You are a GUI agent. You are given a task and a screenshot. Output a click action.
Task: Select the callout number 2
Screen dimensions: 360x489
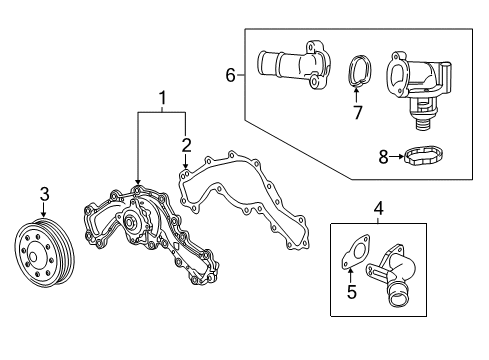tap(186, 145)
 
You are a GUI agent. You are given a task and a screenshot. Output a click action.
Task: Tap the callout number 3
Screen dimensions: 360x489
tap(43, 194)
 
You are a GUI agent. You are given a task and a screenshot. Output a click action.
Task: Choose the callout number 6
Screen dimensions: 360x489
tap(231, 75)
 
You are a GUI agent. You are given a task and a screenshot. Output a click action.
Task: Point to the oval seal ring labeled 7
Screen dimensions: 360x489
tap(359, 70)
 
